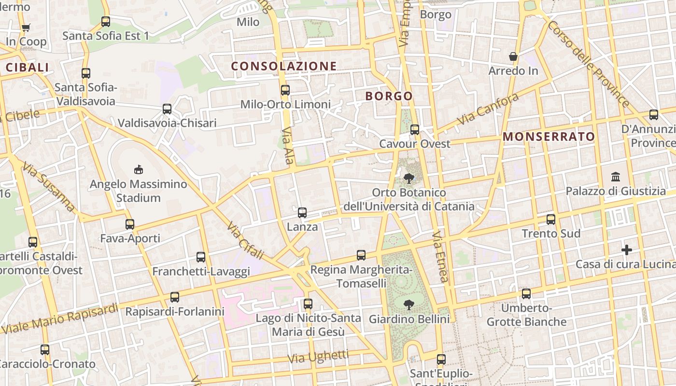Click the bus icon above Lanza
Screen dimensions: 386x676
[302, 212]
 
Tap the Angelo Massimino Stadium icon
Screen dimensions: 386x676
[139, 169]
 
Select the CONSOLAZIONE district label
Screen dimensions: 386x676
[283, 66]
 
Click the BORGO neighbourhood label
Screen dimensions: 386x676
[389, 96]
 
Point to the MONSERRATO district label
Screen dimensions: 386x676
[549, 137]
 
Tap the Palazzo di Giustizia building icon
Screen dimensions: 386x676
[616, 177]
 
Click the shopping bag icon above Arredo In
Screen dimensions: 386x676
[513, 57]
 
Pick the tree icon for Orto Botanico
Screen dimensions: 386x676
[409, 179]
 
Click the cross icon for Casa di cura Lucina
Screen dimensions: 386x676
[627, 250]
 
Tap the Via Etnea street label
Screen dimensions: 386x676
[441, 256]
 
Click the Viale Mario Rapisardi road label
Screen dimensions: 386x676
[60, 318]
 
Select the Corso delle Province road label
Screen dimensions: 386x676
[588, 64]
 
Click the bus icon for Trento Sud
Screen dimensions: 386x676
[551, 220]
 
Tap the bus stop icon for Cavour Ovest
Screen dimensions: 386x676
[415, 130]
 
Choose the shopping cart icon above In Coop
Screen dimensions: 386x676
[26, 28]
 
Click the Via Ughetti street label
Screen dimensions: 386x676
[318, 357]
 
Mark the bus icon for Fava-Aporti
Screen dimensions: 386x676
[130, 224]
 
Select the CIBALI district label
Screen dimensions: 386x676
[27, 68]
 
